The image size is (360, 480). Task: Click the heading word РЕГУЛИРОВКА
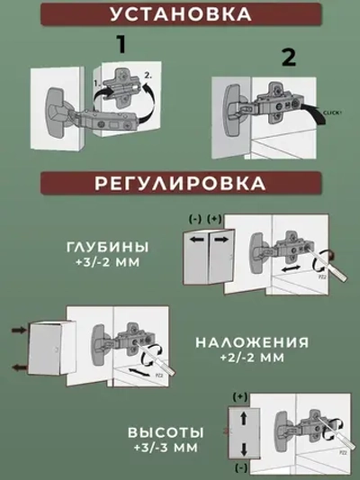click(180, 182)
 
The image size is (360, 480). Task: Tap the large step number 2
click(288, 58)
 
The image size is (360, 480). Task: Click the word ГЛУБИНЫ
click(108, 247)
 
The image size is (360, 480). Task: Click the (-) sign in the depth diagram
click(194, 220)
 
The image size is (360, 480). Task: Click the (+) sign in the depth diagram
click(213, 220)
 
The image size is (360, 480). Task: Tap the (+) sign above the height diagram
click(240, 396)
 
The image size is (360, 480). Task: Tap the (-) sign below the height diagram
click(240, 469)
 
